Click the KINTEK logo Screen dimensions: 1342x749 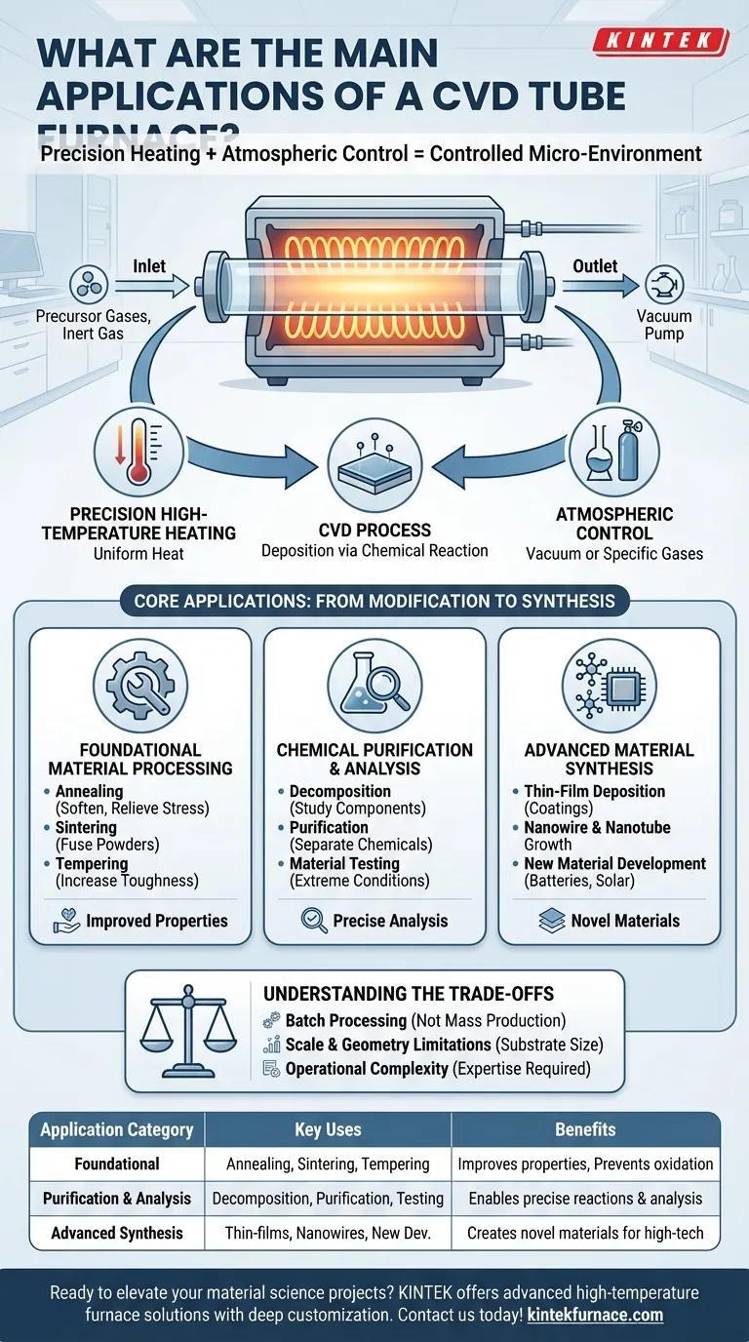[x=660, y=42]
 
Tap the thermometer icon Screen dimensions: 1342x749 [x=139, y=454]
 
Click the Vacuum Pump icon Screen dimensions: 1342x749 [x=666, y=286]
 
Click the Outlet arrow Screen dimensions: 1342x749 [x=597, y=286]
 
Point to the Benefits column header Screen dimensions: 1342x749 [x=585, y=1129]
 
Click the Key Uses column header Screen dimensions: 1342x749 [x=328, y=1129]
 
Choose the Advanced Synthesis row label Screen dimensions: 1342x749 [x=117, y=1233]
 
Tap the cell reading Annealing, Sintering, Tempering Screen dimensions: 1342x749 [x=328, y=1164]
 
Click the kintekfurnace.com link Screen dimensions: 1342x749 [x=595, y=1315]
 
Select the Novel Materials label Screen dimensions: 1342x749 [x=625, y=921]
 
